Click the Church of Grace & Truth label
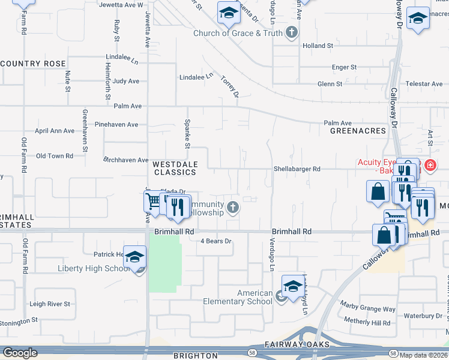click(238, 33)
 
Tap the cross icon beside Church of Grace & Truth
click(292, 32)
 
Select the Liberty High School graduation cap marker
click(135, 257)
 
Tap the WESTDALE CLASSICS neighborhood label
click(174, 168)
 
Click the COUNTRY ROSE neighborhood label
click(33, 64)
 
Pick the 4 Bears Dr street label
click(215, 241)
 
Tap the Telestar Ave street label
click(423, 84)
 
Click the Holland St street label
click(318, 46)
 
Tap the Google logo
click(20, 353)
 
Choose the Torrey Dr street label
click(230, 86)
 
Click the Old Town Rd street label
click(55, 156)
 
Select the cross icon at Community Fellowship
click(233, 208)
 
